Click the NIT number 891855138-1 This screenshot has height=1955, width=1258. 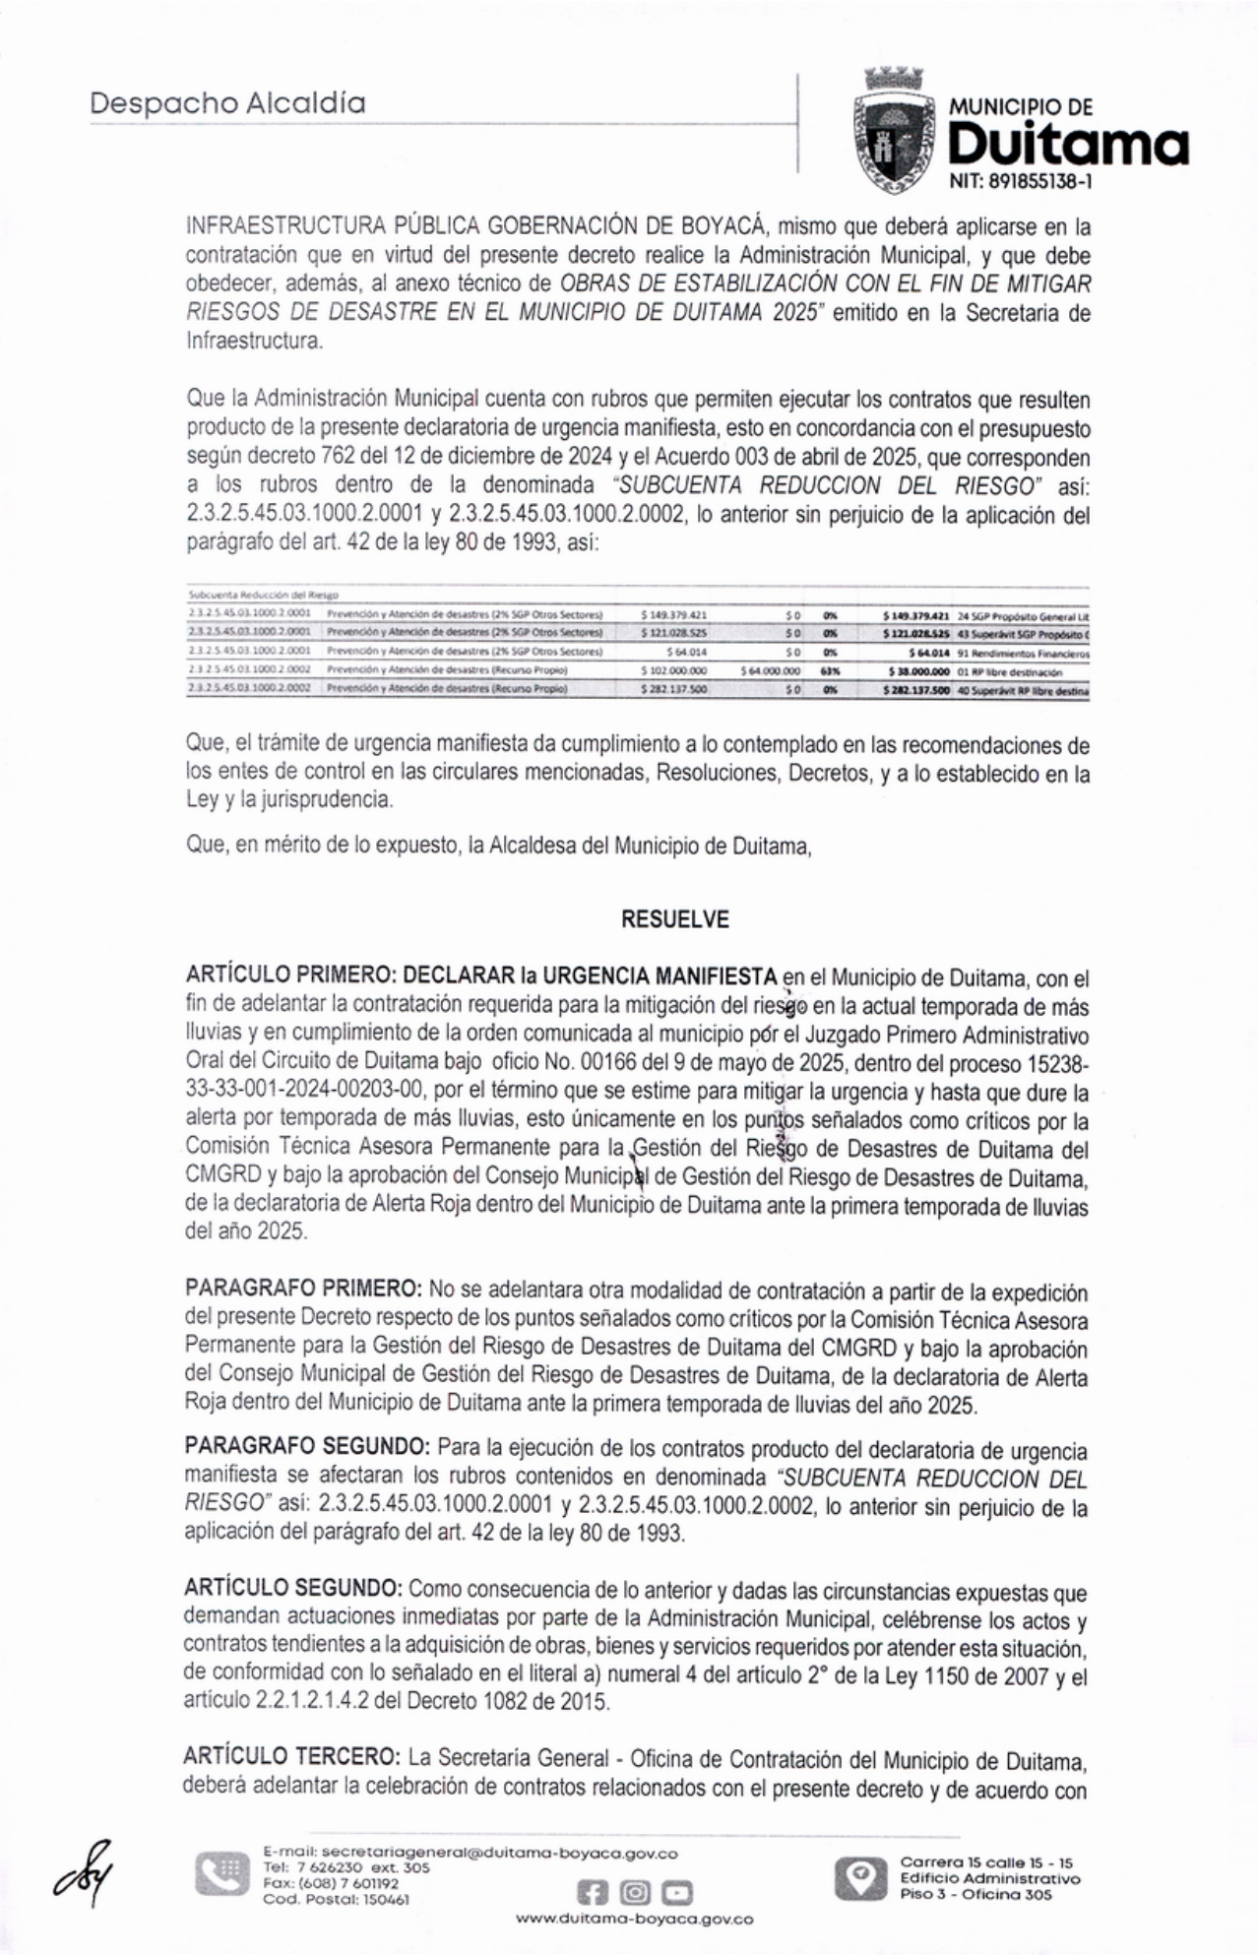1021,182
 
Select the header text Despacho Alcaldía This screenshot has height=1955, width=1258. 227,103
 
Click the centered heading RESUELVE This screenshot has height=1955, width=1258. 675,919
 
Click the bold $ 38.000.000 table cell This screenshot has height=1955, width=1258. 916,670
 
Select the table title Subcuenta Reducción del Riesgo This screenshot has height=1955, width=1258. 262,595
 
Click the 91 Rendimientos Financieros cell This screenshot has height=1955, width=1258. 1022,652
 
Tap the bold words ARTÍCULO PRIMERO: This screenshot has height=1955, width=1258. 290,976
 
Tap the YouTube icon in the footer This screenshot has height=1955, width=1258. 677,1891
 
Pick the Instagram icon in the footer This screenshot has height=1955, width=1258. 636,1891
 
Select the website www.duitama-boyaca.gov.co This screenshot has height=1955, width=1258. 635,1919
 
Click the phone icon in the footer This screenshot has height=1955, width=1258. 221,1873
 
